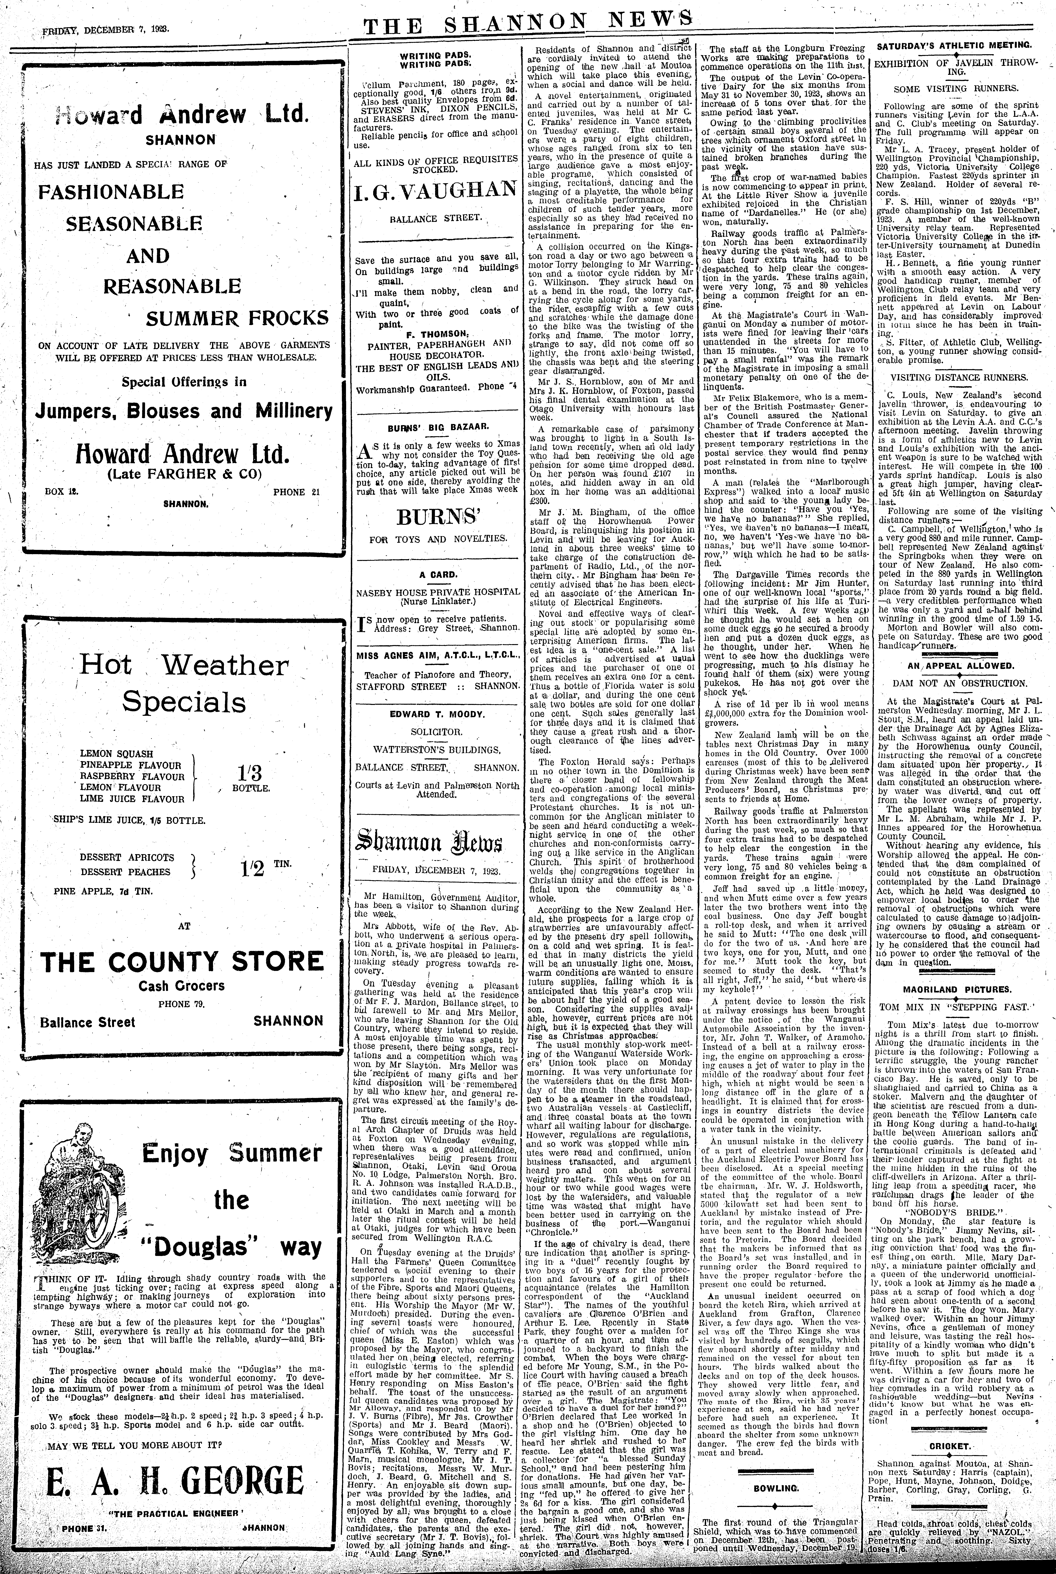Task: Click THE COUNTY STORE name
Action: (182, 962)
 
